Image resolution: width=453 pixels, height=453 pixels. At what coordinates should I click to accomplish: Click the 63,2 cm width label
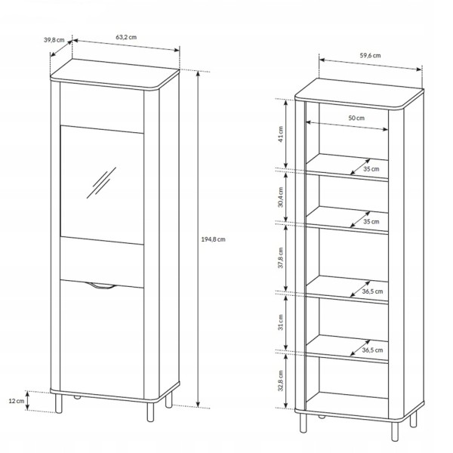point(126,37)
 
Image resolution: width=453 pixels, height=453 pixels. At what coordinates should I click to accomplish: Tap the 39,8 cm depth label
point(54,40)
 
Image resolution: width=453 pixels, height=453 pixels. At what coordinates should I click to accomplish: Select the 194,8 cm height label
point(213,239)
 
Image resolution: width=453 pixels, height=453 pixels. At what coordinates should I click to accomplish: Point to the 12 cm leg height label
point(17,401)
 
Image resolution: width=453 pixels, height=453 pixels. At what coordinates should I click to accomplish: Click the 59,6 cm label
point(370,55)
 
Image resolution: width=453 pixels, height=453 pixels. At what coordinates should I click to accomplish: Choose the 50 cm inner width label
point(356,118)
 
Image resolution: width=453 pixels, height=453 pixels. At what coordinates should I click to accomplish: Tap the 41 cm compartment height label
point(281,134)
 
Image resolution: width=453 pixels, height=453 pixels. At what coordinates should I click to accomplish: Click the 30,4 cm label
point(281,197)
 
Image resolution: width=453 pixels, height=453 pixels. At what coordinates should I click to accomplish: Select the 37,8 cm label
point(281,258)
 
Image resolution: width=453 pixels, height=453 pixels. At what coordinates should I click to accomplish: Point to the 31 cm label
point(281,322)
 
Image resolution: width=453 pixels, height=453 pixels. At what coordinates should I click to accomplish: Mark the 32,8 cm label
point(281,381)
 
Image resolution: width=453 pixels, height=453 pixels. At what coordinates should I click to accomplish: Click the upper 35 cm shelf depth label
point(371,169)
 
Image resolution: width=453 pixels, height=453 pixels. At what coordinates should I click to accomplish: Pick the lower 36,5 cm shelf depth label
point(372,350)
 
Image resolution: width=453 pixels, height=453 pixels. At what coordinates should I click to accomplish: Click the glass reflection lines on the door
point(101,183)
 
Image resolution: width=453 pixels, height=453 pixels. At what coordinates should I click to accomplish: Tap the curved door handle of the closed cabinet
point(101,285)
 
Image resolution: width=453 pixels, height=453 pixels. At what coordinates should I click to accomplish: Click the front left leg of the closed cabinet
point(59,403)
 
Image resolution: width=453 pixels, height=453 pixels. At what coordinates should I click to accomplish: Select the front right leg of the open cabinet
point(395,431)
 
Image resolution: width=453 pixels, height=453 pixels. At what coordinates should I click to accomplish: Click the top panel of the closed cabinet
point(115,75)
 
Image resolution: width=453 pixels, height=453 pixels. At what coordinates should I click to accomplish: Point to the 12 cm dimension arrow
point(27,401)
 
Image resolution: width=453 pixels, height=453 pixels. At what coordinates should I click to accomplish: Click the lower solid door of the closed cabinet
point(102,339)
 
